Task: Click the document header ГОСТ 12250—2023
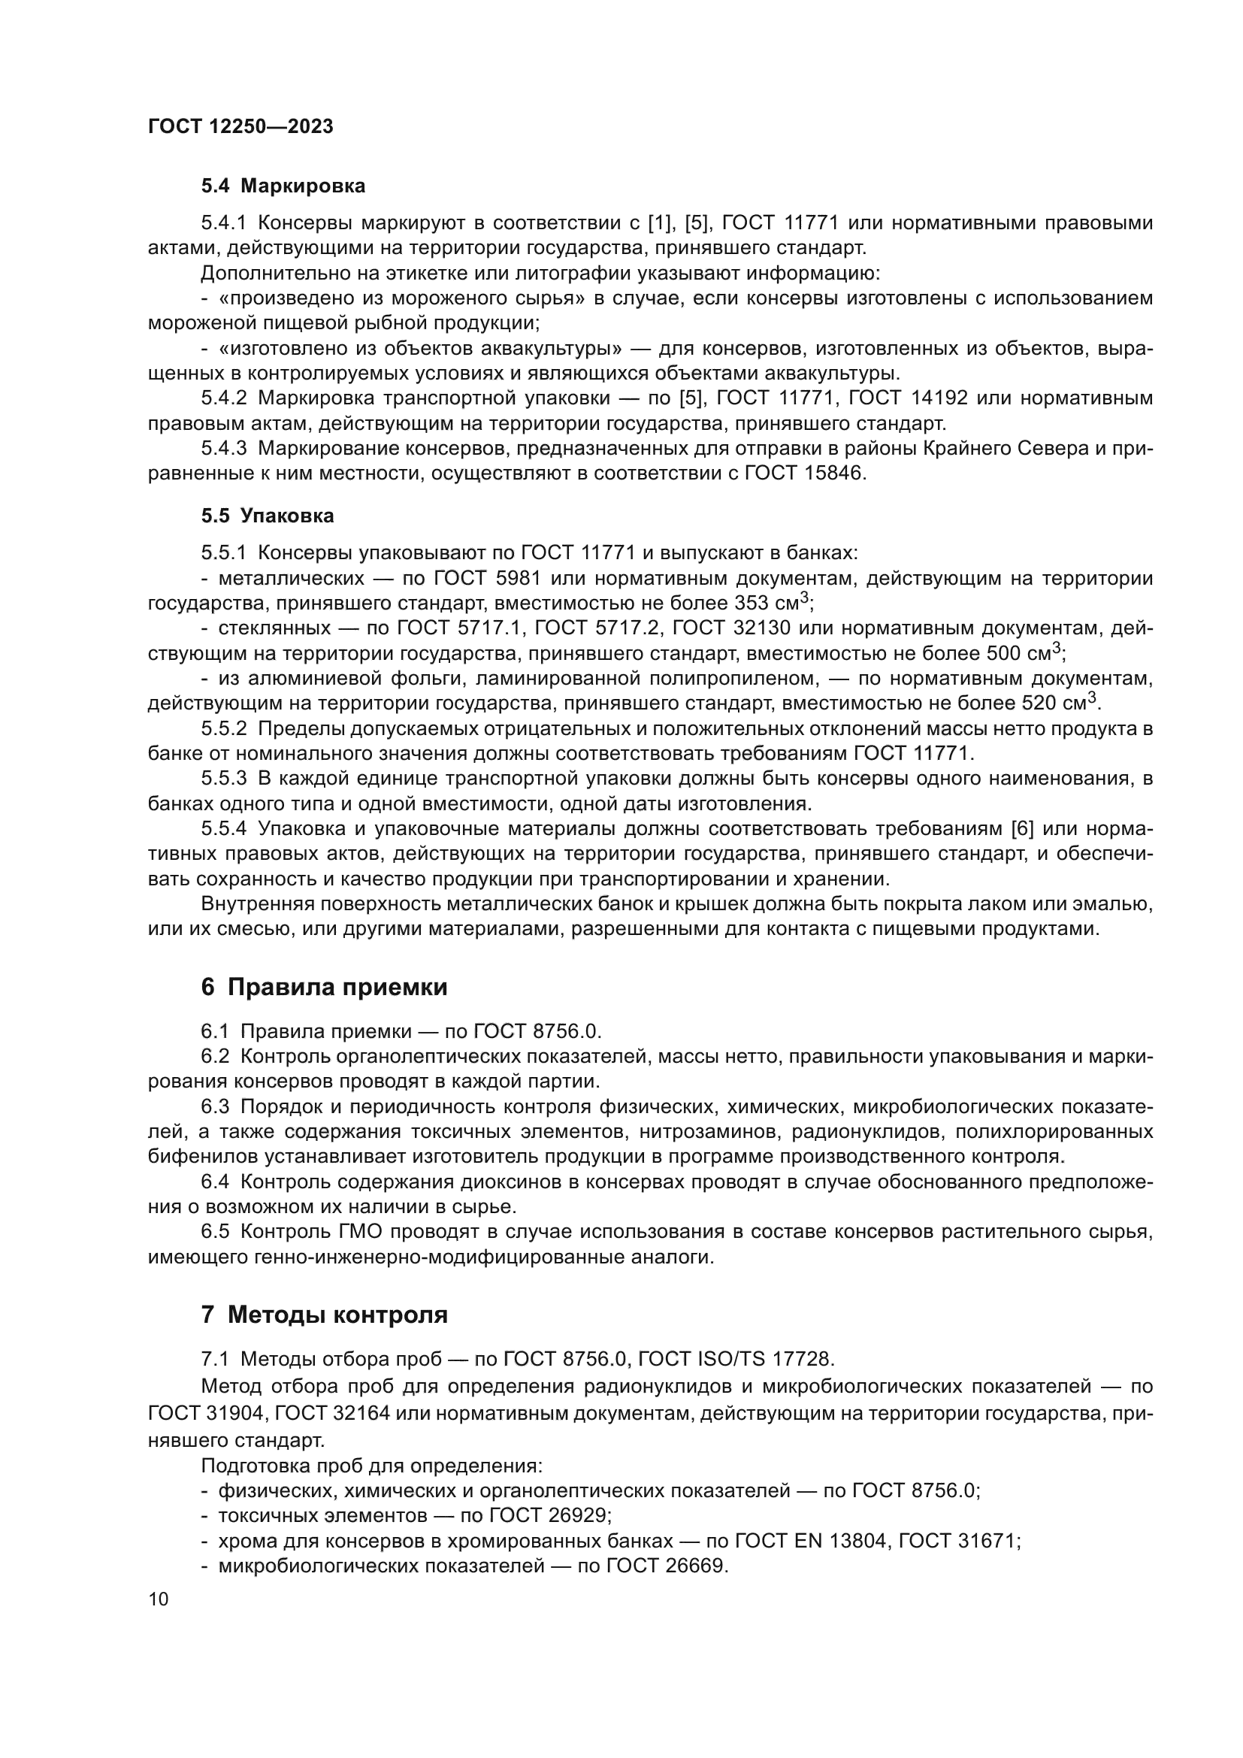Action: [x=240, y=127]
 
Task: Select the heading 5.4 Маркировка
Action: [x=283, y=186]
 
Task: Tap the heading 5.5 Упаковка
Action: [x=268, y=516]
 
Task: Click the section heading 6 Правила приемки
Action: [x=324, y=988]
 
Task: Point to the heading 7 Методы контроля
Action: [x=324, y=1315]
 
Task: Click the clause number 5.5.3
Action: [x=224, y=779]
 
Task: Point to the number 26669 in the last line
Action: [x=693, y=1566]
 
